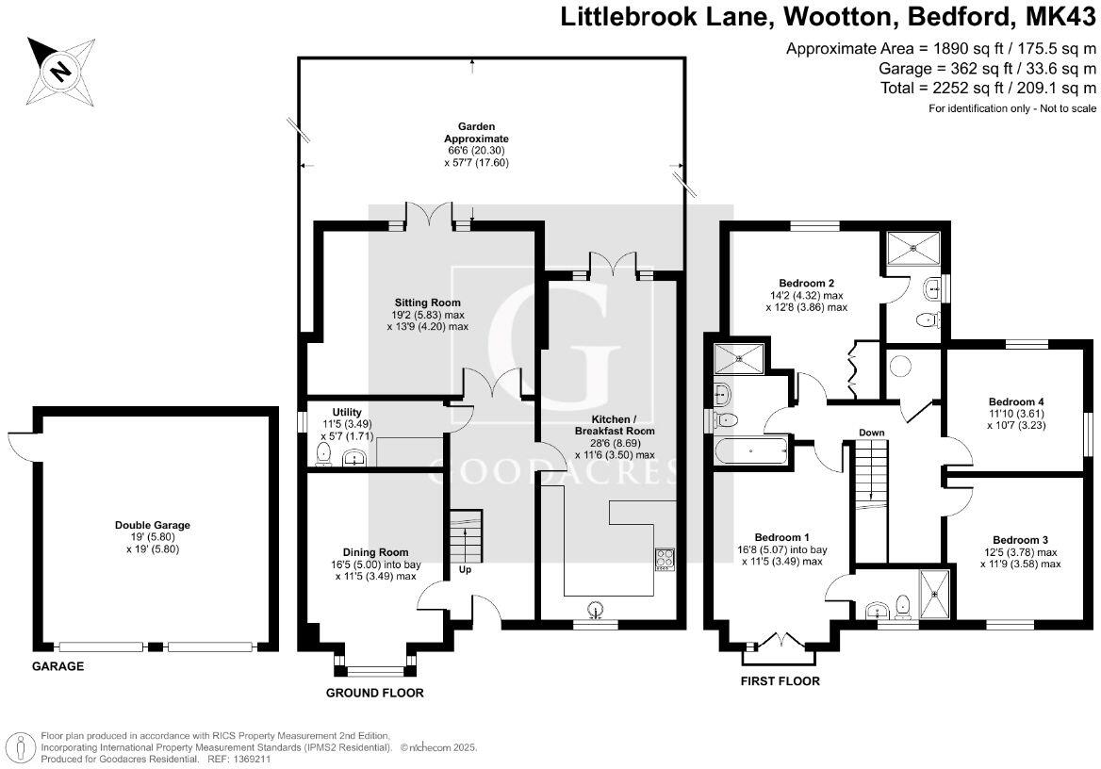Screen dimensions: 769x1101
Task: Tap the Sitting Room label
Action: (427, 303)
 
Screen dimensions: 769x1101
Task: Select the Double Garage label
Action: (146, 525)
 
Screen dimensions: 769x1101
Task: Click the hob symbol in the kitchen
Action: (665, 559)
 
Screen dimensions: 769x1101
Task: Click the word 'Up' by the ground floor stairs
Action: (466, 570)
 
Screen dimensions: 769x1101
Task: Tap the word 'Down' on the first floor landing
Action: (871, 433)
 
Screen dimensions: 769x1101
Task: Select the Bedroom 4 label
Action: (1010, 400)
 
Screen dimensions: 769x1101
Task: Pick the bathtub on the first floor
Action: (751, 451)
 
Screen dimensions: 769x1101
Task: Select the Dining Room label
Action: (375, 552)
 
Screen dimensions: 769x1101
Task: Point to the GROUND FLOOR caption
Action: (374, 693)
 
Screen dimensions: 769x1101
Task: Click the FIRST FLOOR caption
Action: (780, 680)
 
